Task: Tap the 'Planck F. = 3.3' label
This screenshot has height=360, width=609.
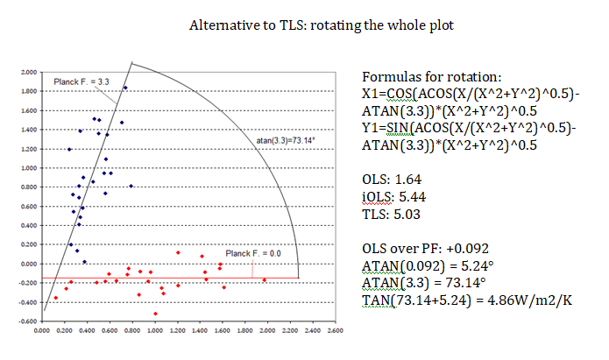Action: [81, 82]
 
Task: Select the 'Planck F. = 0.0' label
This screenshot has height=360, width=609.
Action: [253, 254]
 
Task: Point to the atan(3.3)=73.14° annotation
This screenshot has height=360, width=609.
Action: [285, 140]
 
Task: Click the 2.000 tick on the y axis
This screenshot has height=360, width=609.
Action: [29, 72]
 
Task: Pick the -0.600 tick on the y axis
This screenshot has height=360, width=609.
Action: [27, 321]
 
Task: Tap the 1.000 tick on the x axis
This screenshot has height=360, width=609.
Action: [154, 330]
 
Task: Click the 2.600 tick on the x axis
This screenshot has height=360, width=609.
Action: [335, 330]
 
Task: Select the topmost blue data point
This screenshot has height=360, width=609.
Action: [125, 88]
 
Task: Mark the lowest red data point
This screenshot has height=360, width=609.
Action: [155, 314]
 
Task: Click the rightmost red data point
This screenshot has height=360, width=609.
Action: [264, 280]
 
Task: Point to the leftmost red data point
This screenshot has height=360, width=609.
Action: [55, 298]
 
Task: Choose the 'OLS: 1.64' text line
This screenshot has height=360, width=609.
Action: [392, 180]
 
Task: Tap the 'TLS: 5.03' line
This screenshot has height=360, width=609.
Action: [391, 215]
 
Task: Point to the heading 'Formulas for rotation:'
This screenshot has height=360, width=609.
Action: [432, 77]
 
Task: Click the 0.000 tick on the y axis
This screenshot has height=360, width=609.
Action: [29, 264]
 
